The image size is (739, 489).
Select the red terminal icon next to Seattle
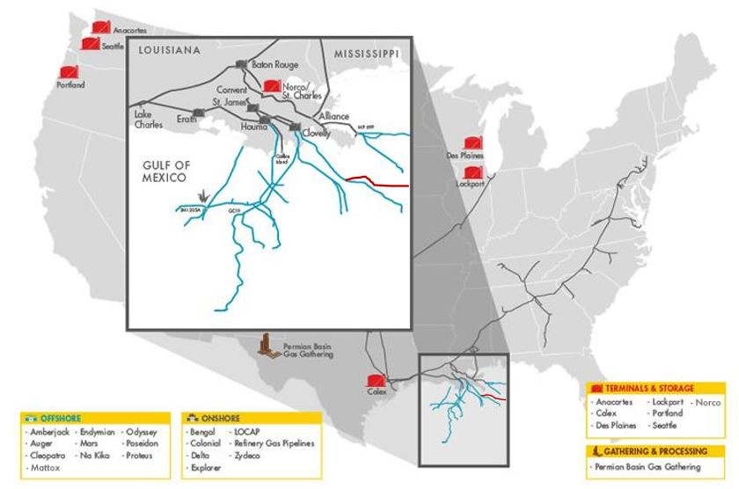click(90, 43)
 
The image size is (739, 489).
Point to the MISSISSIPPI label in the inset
click(366, 54)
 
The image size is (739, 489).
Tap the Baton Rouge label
click(274, 65)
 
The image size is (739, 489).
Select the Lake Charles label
click(148, 120)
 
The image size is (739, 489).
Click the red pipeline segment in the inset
click(378, 182)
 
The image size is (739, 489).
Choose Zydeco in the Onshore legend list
click(246, 457)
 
